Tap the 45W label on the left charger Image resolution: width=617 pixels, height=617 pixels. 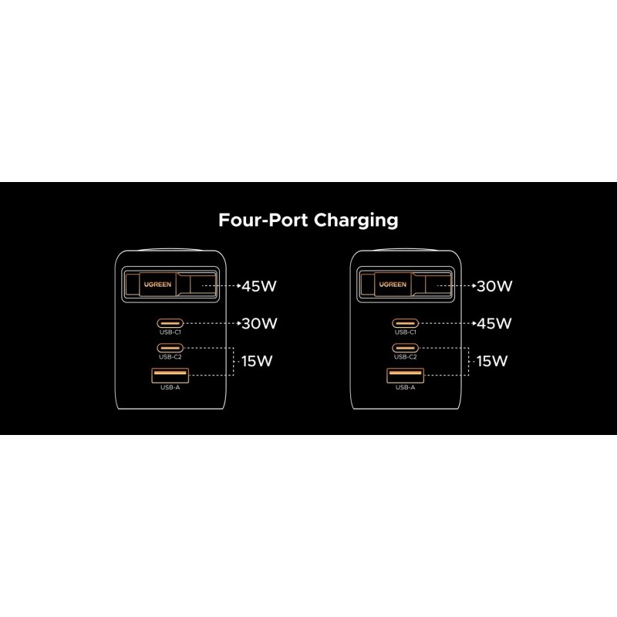pyautogui.click(x=258, y=286)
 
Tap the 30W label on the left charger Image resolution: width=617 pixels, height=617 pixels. pyautogui.click(x=258, y=323)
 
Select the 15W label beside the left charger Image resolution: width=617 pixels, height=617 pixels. pyautogui.click(x=258, y=361)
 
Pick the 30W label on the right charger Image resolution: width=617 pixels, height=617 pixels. pyautogui.click(x=494, y=286)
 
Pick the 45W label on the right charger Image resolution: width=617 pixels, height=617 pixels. pyautogui.click(x=494, y=323)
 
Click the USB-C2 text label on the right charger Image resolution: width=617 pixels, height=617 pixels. pyautogui.click(x=405, y=357)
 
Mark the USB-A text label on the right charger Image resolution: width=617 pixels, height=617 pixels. pyautogui.click(x=405, y=388)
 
